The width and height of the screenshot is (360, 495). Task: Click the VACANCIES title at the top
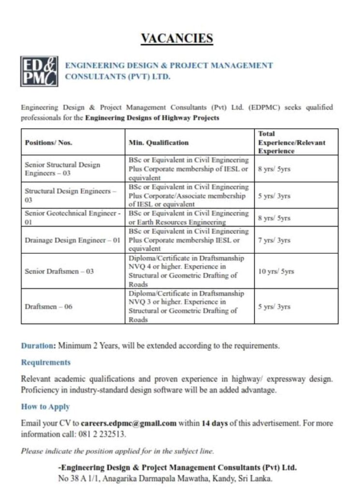pyautogui.click(x=176, y=38)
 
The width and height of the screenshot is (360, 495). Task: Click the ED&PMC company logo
pyautogui.click(x=39, y=72)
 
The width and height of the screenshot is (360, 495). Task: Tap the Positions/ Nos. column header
pyautogui.click(x=48, y=143)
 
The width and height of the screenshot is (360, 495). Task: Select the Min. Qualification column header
pyautogui.click(x=158, y=143)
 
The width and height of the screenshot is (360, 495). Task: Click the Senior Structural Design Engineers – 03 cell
pyautogui.click(x=62, y=168)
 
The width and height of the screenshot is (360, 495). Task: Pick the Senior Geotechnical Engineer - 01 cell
pyautogui.click(x=72, y=218)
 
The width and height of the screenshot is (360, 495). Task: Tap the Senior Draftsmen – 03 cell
pyautogui.click(x=59, y=271)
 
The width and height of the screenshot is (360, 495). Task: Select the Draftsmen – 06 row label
pyautogui.click(x=48, y=306)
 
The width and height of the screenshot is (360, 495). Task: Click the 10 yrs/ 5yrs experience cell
pyautogui.click(x=276, y=271)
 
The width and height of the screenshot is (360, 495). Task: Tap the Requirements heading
pyautogui.click(x=45, y=362)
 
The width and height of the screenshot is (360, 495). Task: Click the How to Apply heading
pyautogui.click(x=45, y=407)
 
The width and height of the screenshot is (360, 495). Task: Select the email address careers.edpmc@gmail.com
pyautogui.click(x=128, y=423)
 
